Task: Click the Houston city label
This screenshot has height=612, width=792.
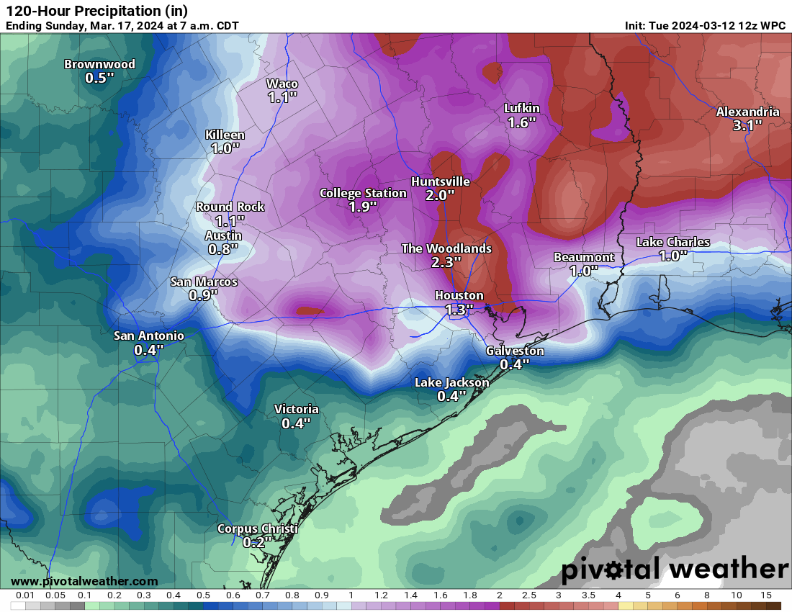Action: (x=459, y=295)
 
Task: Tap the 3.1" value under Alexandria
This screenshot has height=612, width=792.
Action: (x=747, y=125)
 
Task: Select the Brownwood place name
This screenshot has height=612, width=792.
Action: (x=99, y=64)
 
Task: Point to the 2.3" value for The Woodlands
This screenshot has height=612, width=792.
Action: (x=446, y=262)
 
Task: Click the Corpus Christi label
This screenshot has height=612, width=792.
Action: (x=257, y=529)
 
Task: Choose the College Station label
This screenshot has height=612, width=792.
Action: (x=363, y=193)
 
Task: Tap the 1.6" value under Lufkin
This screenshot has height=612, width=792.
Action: (x=521, y=122)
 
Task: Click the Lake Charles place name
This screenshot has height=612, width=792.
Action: (x=672, y=242)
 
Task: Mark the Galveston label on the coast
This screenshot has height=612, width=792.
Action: (x=515, y=351)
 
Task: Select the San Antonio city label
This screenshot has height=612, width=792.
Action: (x=149, y=336)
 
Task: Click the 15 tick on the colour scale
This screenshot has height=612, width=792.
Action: (x=765, y=595)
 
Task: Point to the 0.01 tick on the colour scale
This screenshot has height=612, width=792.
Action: (x=25, y=595)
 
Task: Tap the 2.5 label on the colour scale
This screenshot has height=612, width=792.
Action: (x=528, y=595)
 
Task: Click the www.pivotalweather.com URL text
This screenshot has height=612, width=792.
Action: (x=84, y=581)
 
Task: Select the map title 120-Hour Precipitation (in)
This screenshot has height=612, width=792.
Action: (x=96, y=11)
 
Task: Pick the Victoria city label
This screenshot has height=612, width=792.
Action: (x=296, y=409)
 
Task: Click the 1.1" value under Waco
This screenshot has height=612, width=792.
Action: (x=282, y=97)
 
